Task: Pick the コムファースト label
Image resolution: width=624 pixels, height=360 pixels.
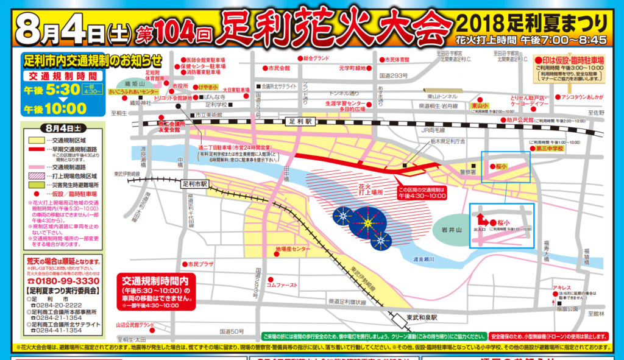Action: click(282, 284)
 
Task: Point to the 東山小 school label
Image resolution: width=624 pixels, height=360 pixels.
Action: click(483, 105)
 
